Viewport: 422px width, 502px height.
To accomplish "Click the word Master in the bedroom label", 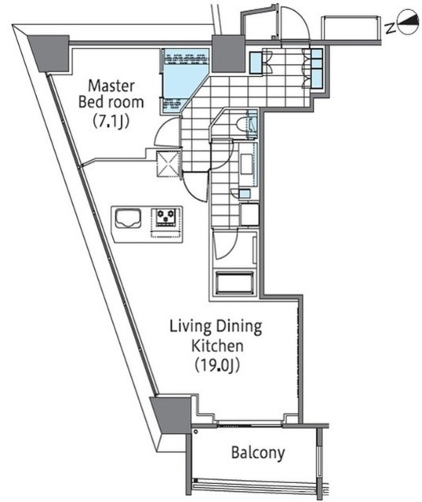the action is (111, 85).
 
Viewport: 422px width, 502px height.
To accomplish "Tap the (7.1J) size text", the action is (111, 122).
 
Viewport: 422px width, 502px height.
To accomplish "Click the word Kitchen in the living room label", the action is (217, 346).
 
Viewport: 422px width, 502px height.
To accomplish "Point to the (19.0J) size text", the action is (217, 366).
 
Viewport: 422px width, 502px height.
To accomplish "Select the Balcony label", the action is (258, 453).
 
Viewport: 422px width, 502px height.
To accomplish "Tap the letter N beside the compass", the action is (390, 28).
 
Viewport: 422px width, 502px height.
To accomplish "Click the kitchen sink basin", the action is (128, 218).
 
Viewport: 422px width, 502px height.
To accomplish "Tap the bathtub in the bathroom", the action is (235, 282).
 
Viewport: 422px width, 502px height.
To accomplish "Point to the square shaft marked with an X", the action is (167, 164).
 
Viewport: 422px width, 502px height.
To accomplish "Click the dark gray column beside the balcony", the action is (171, 415).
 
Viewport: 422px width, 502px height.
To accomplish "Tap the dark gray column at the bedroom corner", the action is (49, 53).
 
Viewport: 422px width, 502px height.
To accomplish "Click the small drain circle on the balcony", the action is (195, 432).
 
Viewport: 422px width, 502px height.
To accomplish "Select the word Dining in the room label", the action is (239, 326).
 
